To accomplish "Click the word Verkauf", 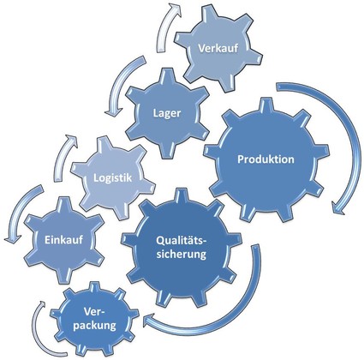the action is pyautogui.click(x=218, y=48).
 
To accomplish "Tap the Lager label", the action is pyautogui.click(x=167, y=113).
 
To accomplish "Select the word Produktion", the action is pyautogui.click(x=266, y=159).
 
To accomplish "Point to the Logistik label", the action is pyautogui.click(x=113, y=178).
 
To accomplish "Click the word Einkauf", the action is pyautogui.click(x=63, y=240).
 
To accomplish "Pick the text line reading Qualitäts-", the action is pyautogui.click(x=182, y=241).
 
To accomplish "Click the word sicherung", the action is pyautogui.click(x=182, y=254).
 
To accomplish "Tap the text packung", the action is pyautogui.click(x=94, y=326).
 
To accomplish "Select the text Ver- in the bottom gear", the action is pyautogui.click(x=94, y=312).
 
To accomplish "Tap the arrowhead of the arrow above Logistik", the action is pyautogui.click(x=72, y=140).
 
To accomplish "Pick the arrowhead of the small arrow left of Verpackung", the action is pyautogui.click(x=42, y=306).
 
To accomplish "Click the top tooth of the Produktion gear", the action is pyautogui.click(x=265, y=105).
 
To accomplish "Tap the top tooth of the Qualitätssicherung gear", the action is pyautogui.click(x=180, y=195).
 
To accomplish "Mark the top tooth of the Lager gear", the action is pyautogui.click(x=167, y=75).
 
